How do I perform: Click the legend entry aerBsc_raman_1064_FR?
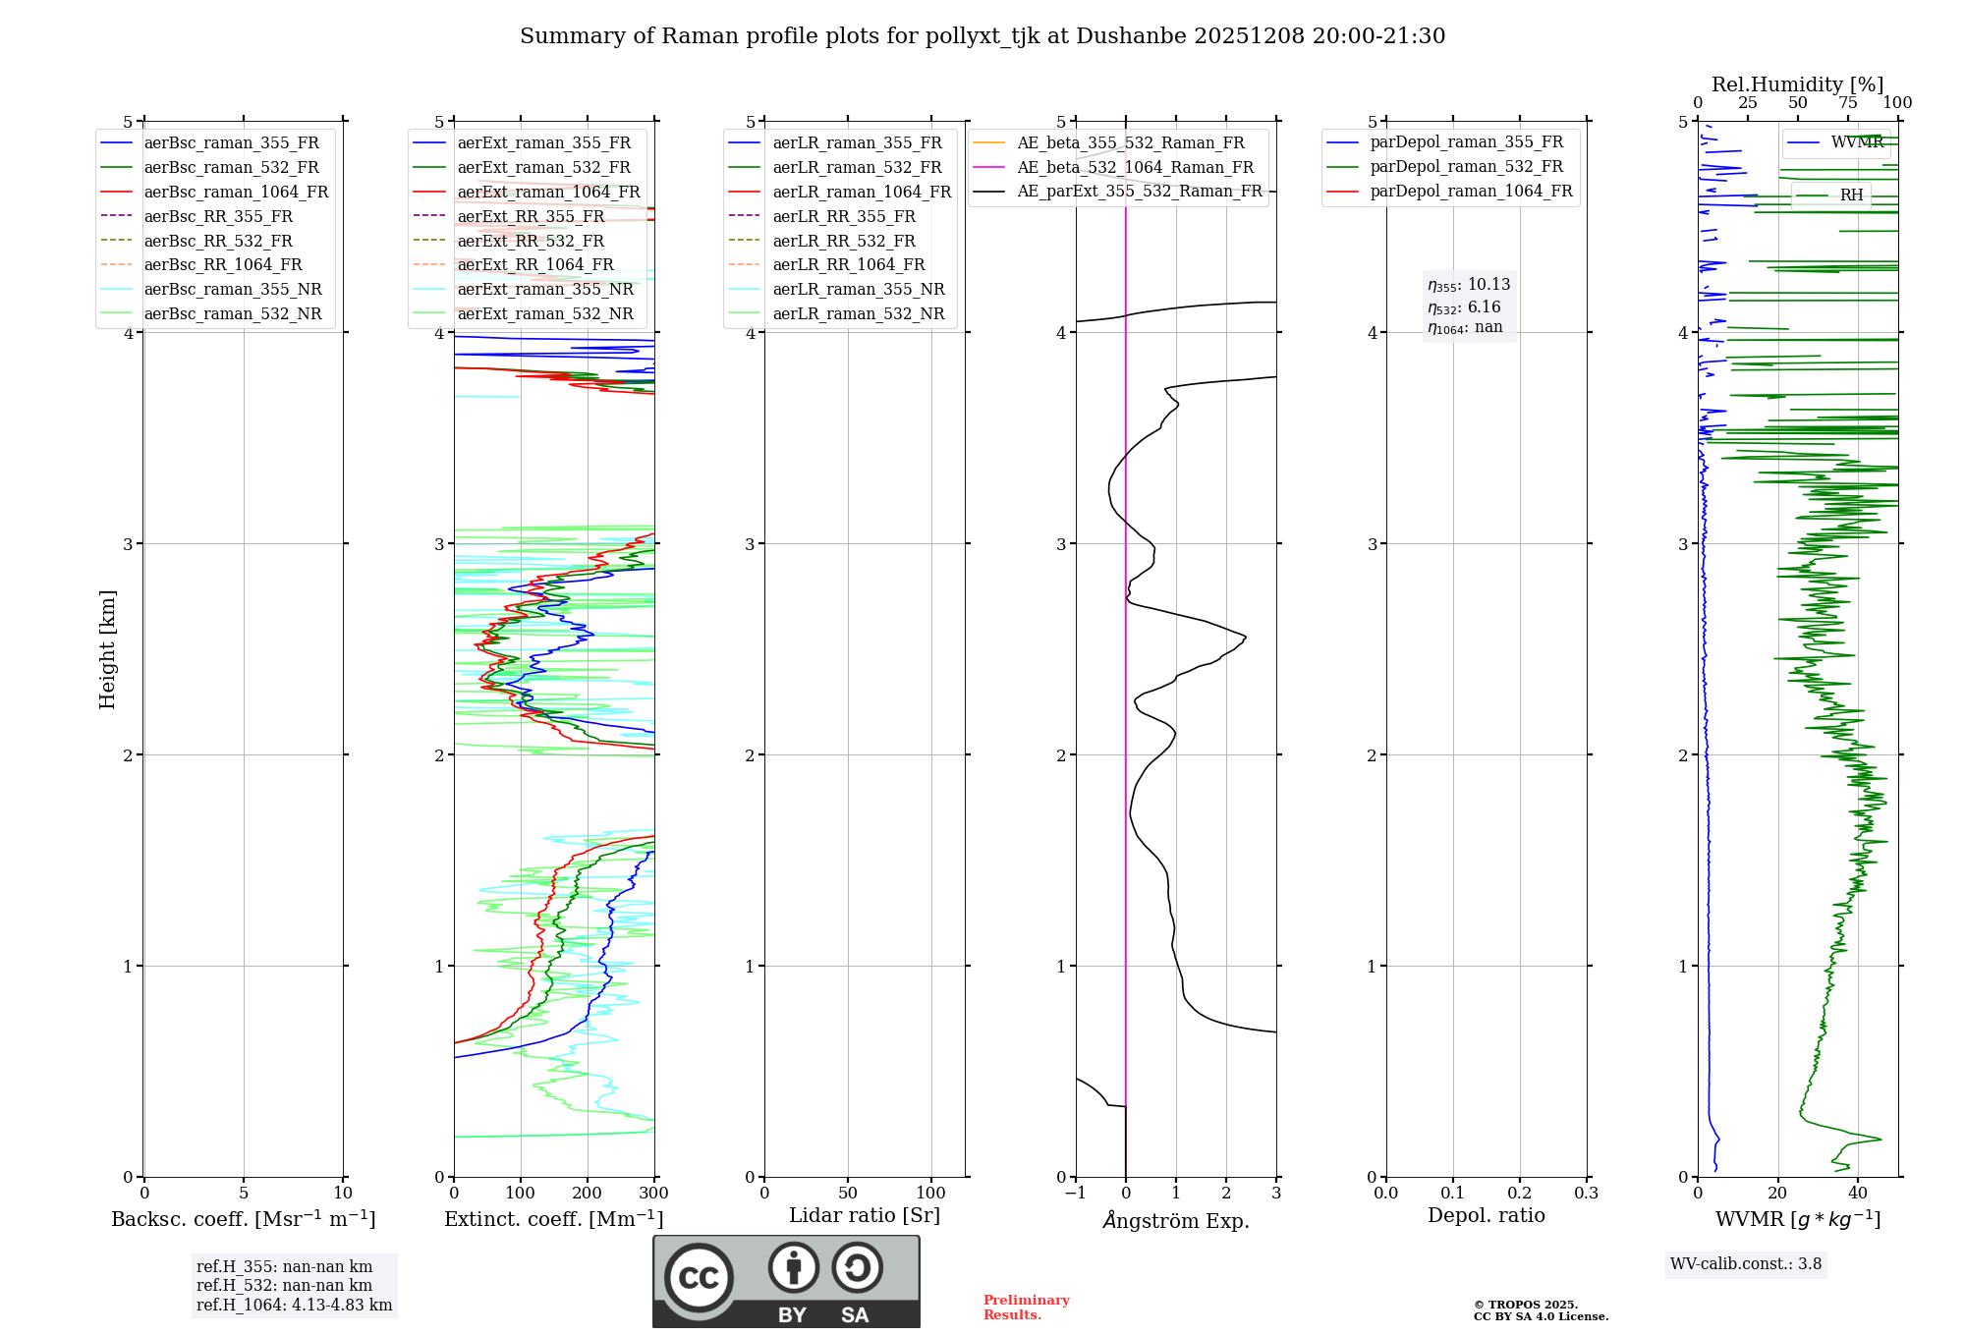click(x=236, y=193)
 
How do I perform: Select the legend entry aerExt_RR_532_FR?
click(x=531, y=241)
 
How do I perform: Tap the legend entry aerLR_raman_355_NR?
click(x=858, y=290)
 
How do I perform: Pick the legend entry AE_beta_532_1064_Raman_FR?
click(x=1135, y=168)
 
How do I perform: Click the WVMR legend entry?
click(x=1857, y=142)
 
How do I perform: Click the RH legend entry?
click(x=1851, y=195)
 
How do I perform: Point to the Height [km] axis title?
click(x=107, y=649)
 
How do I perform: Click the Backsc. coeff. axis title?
click(x=244, y=1219)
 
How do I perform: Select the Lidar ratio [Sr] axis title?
click(x=865, y=1216)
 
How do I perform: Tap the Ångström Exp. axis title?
click(x=1176, y=1221)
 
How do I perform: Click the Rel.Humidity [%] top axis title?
click(x=1797, y=84)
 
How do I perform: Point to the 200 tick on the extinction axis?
click(x=588, y=1194)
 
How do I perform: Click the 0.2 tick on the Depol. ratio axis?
click(x=1520, y=1194)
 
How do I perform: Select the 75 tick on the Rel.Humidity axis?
click(x=1848, y=103)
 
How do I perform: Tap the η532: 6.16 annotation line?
click(x=1464, y=307)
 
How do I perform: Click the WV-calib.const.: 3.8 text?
click(x=1746, y=1264)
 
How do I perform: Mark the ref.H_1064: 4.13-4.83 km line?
click(x=294, y=1306)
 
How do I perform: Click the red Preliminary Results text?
click(x=1026, y=1308)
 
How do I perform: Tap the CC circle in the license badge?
click(x=699, y=1278)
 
